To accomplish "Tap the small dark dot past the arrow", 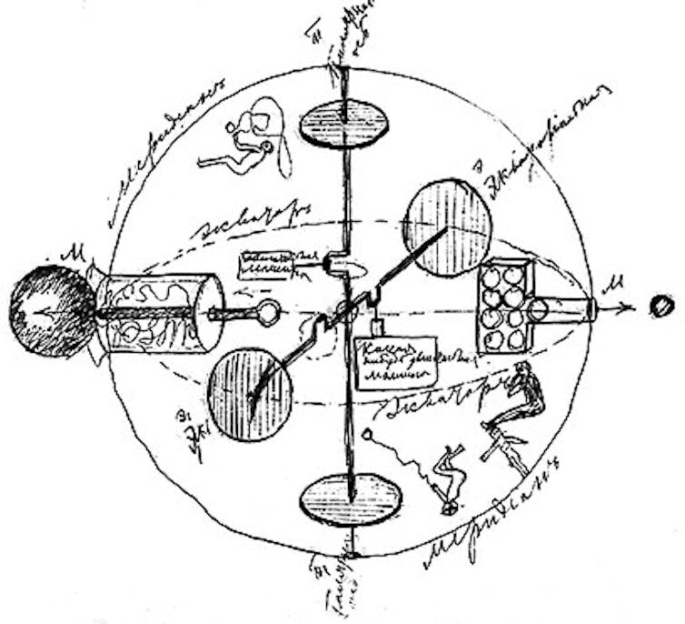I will [x=661, y=307].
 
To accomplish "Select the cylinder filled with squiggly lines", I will [x=160, y=312].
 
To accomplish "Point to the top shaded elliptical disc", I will [x=344, y=123].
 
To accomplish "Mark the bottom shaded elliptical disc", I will [x=351, y=499].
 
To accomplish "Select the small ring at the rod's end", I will [x=268, y=314].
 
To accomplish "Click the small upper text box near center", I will [x=266, y=266].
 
